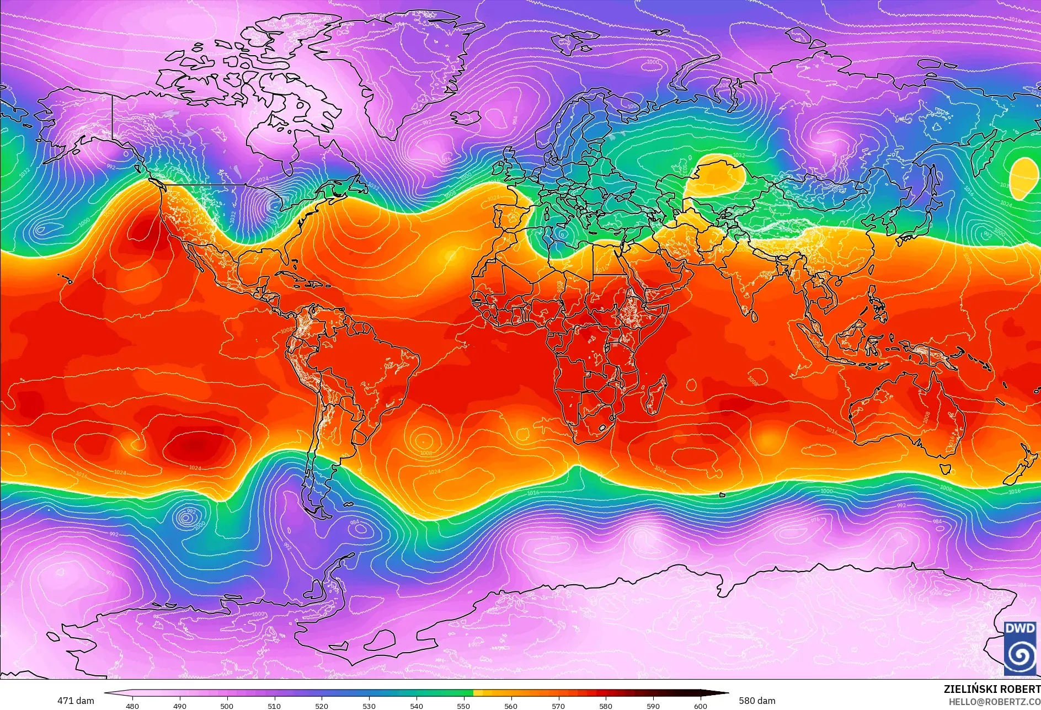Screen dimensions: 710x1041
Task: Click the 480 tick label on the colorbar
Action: [x=132, y=706]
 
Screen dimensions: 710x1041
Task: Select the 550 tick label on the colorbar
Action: [x=463, y=706]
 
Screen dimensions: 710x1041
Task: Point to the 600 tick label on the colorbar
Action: [x=701, y=706]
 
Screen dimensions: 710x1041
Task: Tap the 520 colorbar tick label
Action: [x=322, y=706]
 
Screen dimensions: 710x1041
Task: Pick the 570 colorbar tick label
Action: [x=558, y=706]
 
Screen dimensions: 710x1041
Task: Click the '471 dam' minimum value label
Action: [x=76, y=701]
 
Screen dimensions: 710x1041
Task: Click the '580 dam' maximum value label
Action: [x=757, y=701]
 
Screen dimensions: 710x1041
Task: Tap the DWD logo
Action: [x=1020, y=648]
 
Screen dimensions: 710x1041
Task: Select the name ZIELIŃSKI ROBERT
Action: [x=991, y=689]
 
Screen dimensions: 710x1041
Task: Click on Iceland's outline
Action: [x=466, y=118]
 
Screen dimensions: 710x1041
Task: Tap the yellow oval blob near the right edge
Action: [x=1024, y=177]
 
